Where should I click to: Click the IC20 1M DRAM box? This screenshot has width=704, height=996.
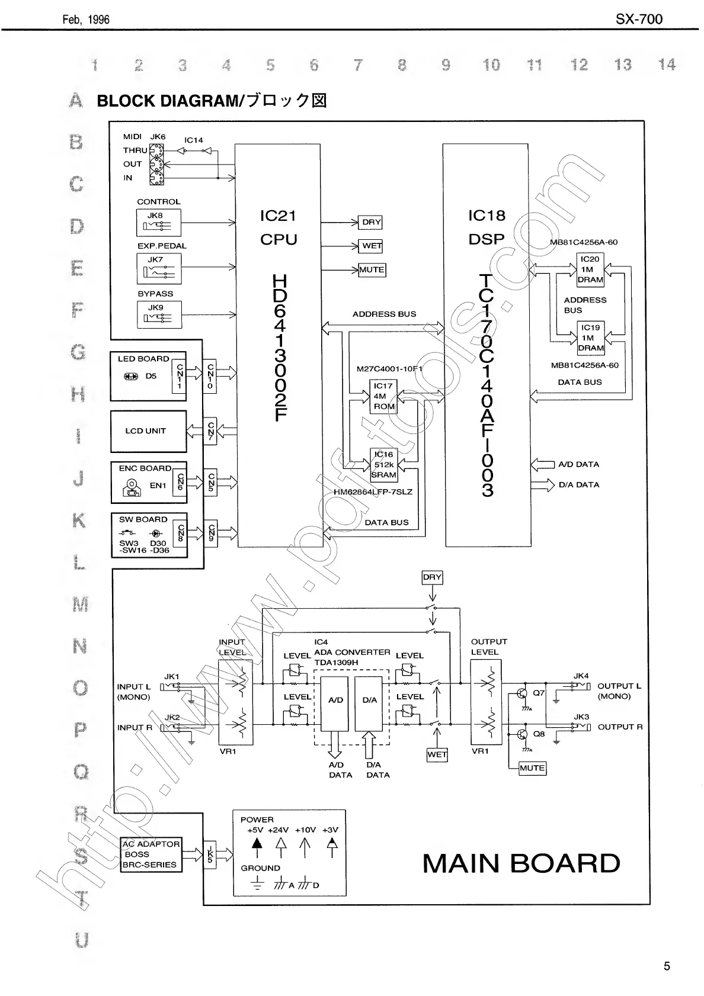coord(590,269)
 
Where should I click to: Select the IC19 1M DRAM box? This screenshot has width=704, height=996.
coord(590,338)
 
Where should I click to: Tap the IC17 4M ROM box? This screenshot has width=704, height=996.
coord(383,396)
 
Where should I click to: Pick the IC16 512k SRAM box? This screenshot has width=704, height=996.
coord(383,465)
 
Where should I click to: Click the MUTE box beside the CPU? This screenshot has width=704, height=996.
coord(372,269)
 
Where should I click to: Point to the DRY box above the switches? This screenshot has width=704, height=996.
coord(432,577)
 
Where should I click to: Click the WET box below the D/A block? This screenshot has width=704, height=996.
coord(437,754)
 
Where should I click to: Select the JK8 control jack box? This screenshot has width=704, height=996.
coord(158,223)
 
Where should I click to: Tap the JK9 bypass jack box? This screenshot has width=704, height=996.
coord(158,314)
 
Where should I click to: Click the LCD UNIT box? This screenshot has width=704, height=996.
coord(148,431)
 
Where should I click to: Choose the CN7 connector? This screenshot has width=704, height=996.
coord(210,431)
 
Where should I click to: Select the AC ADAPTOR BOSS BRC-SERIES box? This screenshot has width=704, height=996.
coord(151,854)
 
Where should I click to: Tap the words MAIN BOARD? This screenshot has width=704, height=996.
coord(521,863)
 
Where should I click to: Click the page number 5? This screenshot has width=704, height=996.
coord(667,966)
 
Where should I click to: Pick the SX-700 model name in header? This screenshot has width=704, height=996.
coord(639,19)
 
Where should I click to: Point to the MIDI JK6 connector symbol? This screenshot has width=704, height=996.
coord(156,163)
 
